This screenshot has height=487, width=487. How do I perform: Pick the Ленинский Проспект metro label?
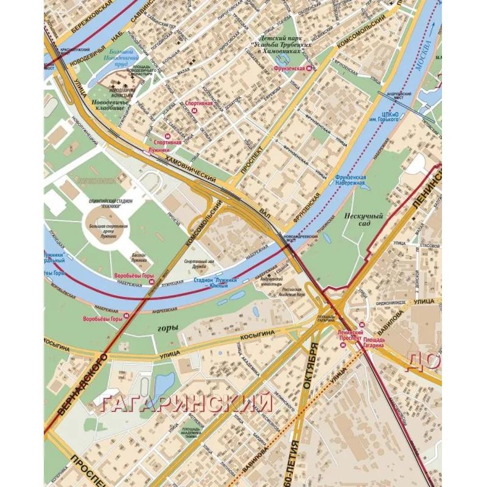pyautogui.click(x=350, y=335)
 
